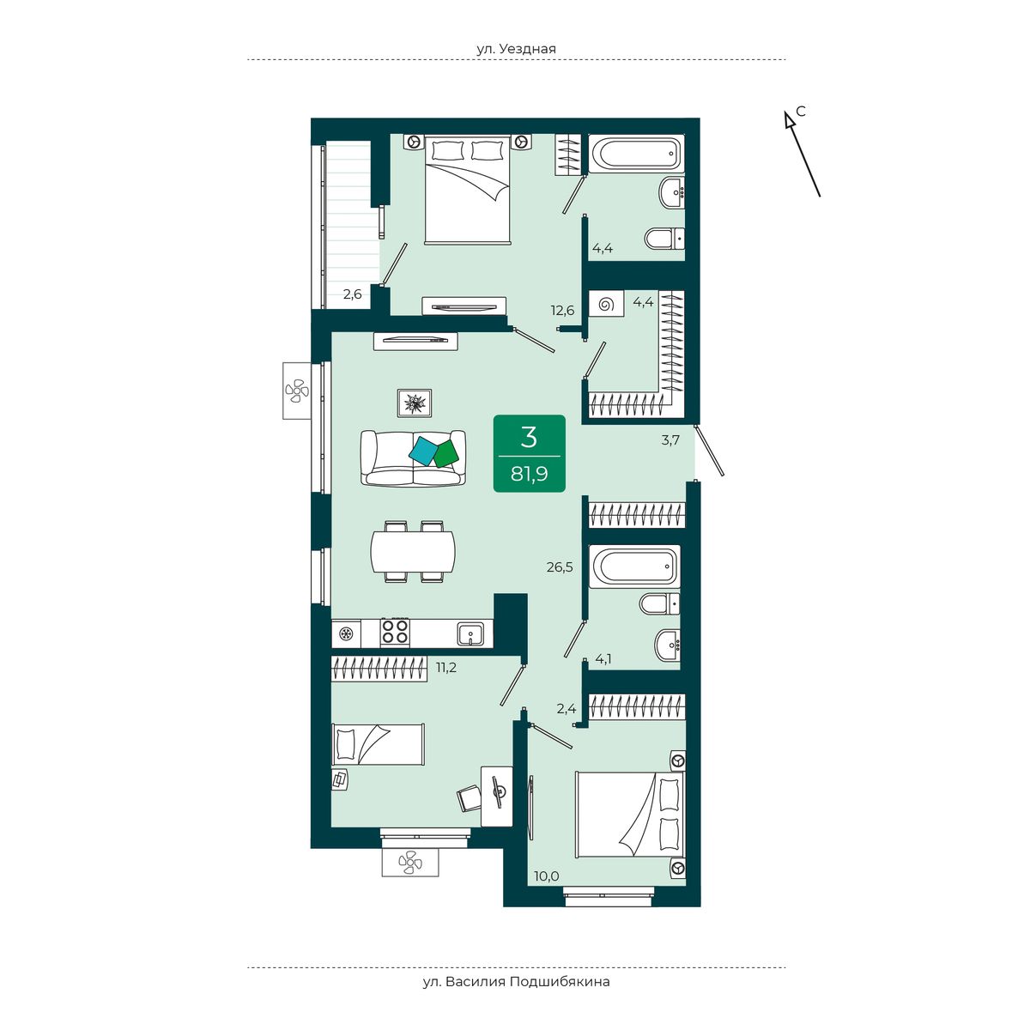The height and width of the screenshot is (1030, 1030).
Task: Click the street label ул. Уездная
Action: pyautogui.click(x=517, y=49)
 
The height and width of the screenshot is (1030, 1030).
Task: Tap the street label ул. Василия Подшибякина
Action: pyautogui.click(x=516, y=981)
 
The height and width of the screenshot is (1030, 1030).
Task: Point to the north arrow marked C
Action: pyautogui.click(x=802, y=154)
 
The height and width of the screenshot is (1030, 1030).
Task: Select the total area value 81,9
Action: pyautogui.click(x=530, y=474)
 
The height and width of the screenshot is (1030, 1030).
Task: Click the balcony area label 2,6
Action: pyautogui.click(x=352, y=294)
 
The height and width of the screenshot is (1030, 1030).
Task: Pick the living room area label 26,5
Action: pyautogui.click(x=560, y=567)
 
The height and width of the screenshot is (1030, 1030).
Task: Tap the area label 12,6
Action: pyautogui.click(x=563, y=310)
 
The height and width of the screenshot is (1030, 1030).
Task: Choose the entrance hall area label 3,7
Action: pyautogui.click(x=670, y=440)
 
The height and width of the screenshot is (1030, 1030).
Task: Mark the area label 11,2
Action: pyautogui.click(x=445, y=667)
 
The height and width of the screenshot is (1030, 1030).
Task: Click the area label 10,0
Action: pyautogui.click(x=546, y=891)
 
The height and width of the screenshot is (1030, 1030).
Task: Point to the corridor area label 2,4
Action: pyautogui.click(x=566, y=709)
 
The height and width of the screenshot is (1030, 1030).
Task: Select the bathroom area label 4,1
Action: pyautogui.click(x=603, y=659)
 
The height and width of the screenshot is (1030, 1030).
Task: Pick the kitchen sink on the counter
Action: pyautogui.click(x=470, y=633)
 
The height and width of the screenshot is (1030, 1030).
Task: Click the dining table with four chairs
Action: pyautogui.click(x=413, y=552)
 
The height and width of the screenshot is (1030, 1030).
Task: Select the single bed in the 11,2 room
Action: pyautogui.click(x=378, y=744)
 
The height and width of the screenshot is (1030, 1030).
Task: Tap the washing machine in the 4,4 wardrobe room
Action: pyautogui.click(x=606, y=304)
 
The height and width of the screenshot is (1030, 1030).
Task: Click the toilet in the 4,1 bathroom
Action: pyautogui.click(x=659, y=603)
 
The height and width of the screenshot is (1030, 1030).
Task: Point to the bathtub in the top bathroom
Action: pyautogui.click(x=636, y=154)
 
